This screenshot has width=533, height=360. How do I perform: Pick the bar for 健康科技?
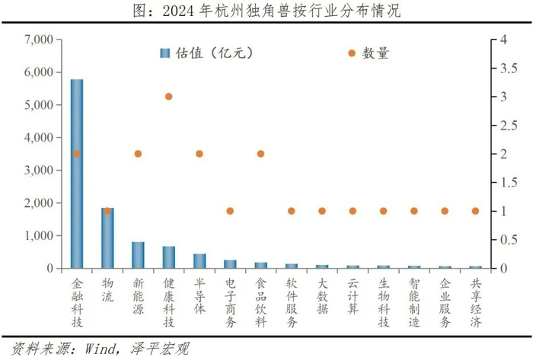coord(169,257)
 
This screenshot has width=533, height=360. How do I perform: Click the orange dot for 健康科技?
coord(169,97)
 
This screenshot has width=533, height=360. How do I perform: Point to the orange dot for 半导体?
coord(199,154)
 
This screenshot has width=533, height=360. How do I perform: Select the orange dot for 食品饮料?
coord(260,154)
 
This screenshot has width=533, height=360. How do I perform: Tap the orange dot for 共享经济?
coord(475,211)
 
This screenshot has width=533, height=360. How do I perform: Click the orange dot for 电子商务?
coord(230,211)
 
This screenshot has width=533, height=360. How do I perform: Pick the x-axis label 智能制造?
coord(414,300)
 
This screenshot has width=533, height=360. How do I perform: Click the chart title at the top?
coord(266,11)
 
